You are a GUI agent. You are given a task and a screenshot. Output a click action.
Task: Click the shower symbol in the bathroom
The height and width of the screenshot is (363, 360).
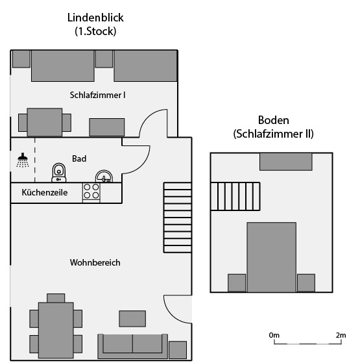(x=23, y=160)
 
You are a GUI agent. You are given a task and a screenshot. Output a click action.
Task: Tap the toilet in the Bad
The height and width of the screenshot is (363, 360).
(x=59, y=173)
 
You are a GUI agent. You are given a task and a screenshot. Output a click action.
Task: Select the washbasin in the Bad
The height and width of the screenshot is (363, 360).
(x=104, y=177)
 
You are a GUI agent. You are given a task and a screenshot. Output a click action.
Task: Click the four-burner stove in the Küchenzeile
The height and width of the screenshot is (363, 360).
(x=91, y=193)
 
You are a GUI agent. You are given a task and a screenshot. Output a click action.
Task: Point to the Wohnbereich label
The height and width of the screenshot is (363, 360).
(x=95, y=262)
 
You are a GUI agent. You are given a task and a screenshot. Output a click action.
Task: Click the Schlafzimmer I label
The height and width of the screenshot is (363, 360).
(x=97, y=95)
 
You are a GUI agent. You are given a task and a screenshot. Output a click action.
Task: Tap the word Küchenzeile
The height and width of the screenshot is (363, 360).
(x=45, y=192)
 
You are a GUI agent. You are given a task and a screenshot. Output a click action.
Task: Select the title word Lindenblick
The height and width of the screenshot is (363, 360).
(x=95, y=18)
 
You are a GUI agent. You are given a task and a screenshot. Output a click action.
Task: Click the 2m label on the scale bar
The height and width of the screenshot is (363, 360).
(x=341, y=335)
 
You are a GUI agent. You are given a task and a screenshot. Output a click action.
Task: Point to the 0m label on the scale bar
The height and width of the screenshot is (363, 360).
(x=274, y=335)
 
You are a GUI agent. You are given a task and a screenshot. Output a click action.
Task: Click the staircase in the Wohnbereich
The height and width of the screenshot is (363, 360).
(x=178, y=218)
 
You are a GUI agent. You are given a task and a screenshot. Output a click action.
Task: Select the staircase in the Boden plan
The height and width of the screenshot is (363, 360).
(x=235, y=196)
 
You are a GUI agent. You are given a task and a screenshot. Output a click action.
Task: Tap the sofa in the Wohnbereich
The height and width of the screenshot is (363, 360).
(x=133, y=346)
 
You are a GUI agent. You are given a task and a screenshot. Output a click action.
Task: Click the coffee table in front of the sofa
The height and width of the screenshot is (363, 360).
(x=132, y=319)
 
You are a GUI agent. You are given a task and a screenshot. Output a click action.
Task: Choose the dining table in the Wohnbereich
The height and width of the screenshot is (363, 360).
(x=56, y=330)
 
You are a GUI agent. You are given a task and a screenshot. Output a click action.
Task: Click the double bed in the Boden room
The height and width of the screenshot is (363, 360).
(x=271, y=257)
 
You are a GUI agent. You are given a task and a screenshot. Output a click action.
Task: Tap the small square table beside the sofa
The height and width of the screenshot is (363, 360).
(x=178, y=350)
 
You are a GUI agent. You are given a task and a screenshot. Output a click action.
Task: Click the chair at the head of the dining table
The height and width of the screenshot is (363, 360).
(x=56, y=298)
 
